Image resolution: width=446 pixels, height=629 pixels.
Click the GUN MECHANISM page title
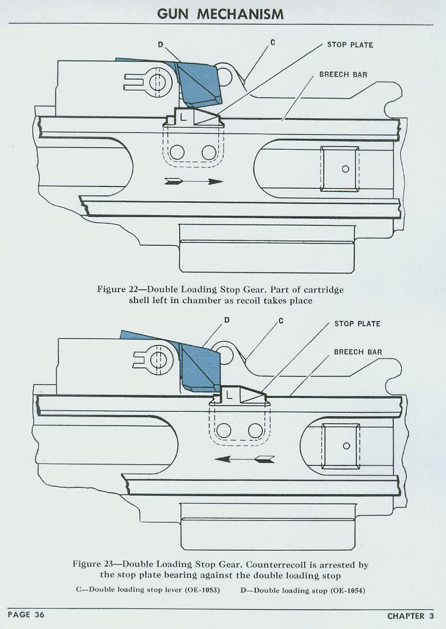pos(221,13)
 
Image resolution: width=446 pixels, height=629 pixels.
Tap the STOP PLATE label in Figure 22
pos(350,45)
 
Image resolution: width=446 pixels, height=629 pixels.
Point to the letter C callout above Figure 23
pos(280,321)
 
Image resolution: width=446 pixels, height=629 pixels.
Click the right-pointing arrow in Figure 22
pos(194,181)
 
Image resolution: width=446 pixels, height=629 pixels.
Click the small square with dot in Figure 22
pos(345,169)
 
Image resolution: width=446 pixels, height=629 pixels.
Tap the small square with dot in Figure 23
pos(346,446)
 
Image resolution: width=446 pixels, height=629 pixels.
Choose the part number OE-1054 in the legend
pos(347,590)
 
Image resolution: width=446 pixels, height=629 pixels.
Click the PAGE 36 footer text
pos(26,614)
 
